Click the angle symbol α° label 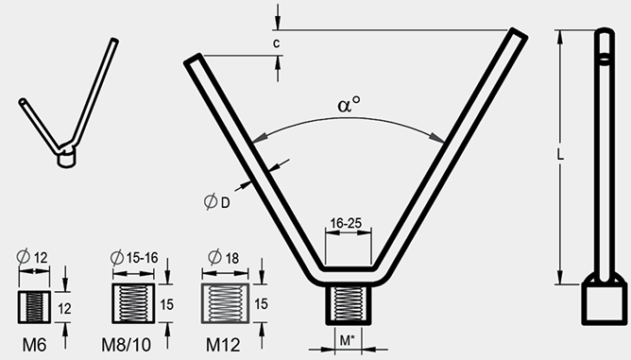(x=350, y=104)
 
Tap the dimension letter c (x=276, y=43)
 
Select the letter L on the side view (x=560, y=154)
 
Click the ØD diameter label (x=217, y=201)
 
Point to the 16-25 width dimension (x=346, y=223)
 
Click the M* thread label (x=348, y=341)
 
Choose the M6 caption (x=34, y=345)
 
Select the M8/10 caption (x=127, y=345)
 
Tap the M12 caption (x=223, y=345)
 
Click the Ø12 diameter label (x=32, y=256)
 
